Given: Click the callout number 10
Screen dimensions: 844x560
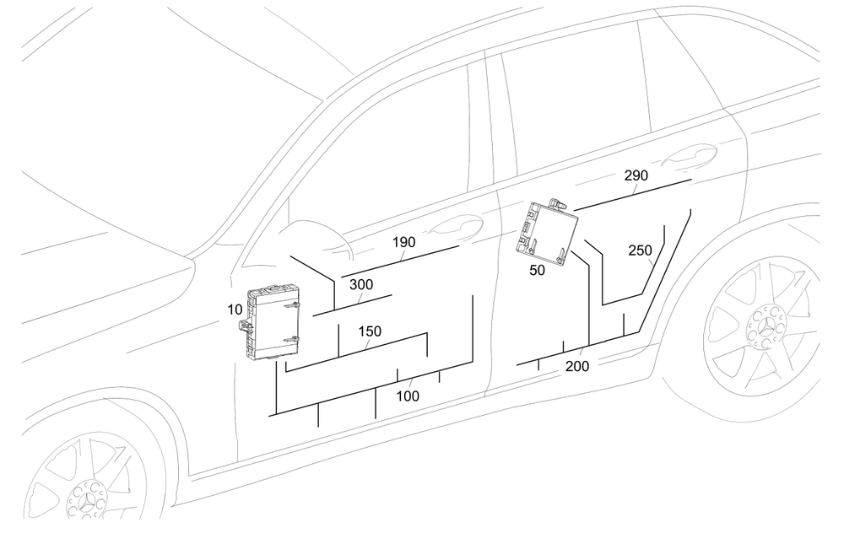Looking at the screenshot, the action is (x=234, y=310).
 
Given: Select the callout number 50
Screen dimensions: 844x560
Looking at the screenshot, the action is (x=538, y=270).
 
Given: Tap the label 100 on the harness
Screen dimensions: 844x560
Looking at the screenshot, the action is (x=408, y=396).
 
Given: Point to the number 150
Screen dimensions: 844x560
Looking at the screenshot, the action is (x=370, y=331).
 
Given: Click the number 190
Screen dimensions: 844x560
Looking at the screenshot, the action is (x=403, y=242).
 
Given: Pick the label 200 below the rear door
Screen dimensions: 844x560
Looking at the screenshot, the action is (x=577, y=366).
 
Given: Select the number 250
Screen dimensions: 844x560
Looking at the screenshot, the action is (x=641, y=250).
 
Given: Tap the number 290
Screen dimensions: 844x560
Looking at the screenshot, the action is (x=636, y=175).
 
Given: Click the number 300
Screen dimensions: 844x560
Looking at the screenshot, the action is (x=360, y=284).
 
